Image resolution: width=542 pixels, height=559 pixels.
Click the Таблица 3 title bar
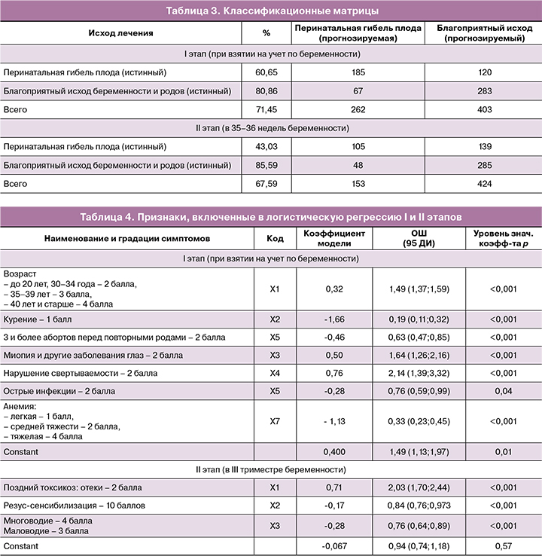tap(271, 11)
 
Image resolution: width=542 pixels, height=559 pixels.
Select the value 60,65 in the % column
tap(266, 72)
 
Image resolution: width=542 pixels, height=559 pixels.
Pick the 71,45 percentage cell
tap(266, 110)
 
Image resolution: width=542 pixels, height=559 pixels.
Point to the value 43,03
tap(266, 146)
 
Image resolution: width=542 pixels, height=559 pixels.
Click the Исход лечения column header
tap(120, 33)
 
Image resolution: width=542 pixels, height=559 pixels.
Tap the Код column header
tap(275, 238)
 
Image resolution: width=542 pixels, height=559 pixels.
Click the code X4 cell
tap(275, 374)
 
